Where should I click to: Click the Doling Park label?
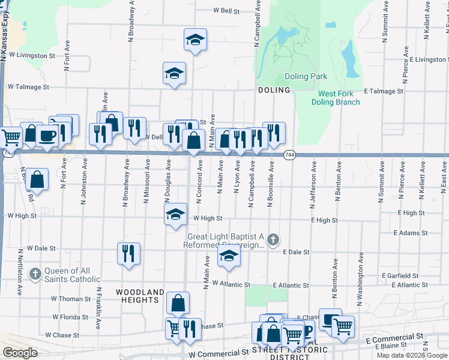306,76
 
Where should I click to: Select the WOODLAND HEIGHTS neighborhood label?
139,296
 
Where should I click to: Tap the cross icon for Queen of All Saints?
35,274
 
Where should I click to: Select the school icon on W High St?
175,214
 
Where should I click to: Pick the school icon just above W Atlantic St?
229,256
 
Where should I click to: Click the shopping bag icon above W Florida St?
178,302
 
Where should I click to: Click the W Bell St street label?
226,11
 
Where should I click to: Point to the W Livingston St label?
31,55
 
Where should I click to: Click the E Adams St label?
411,233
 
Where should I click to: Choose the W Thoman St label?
71,299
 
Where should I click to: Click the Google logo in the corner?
20,353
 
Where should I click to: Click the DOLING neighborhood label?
274,90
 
